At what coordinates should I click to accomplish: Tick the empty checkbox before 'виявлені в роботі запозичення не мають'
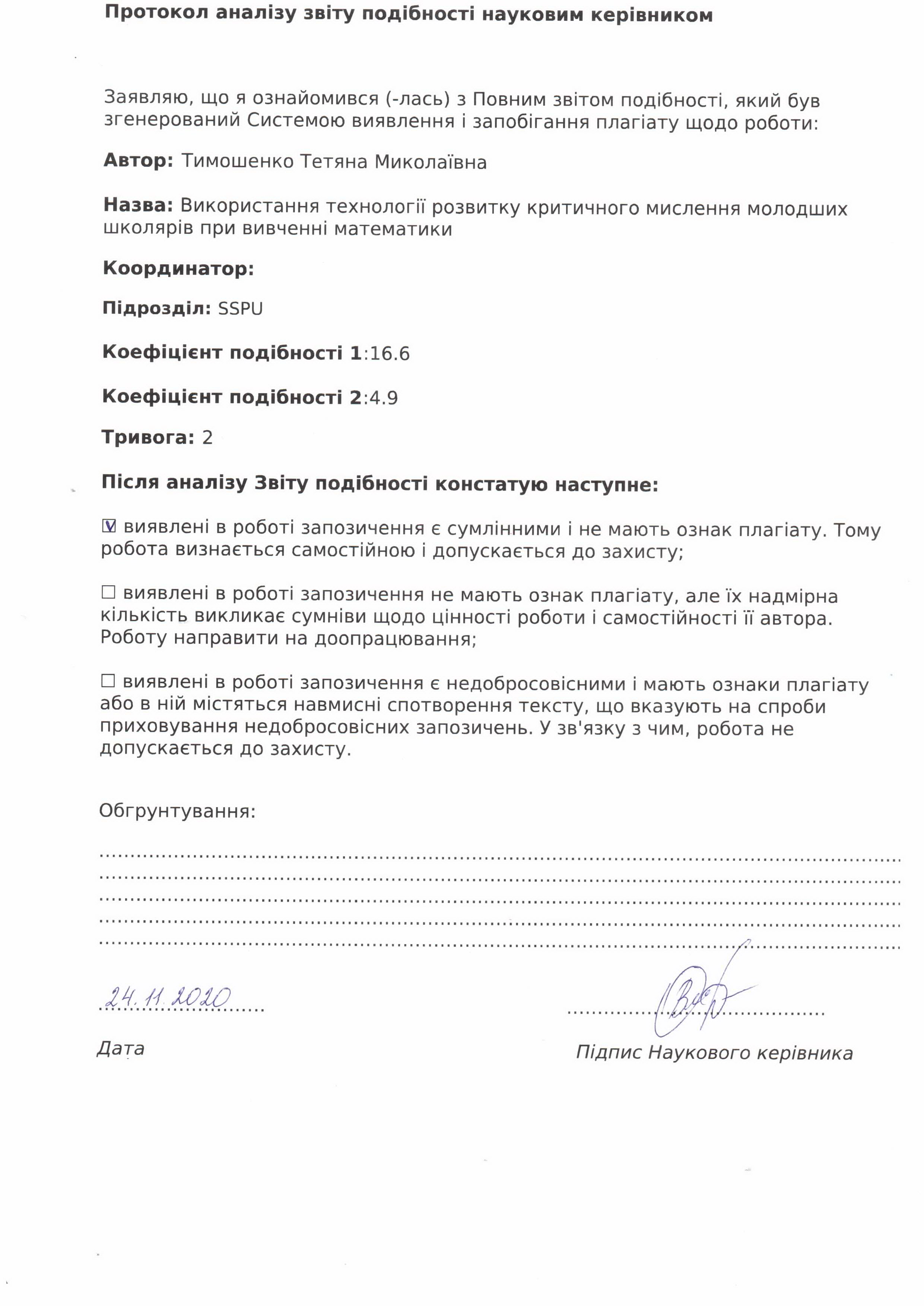(108, 592)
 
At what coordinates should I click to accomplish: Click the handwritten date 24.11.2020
(168, 997)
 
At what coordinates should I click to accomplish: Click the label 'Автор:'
(138, 161)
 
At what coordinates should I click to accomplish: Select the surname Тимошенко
(238, 162)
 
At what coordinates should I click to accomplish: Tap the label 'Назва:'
(138, 206)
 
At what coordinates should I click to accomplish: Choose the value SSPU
(241, 309)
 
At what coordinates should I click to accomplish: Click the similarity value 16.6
(390, 354)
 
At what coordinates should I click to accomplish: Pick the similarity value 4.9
(384, 398)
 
